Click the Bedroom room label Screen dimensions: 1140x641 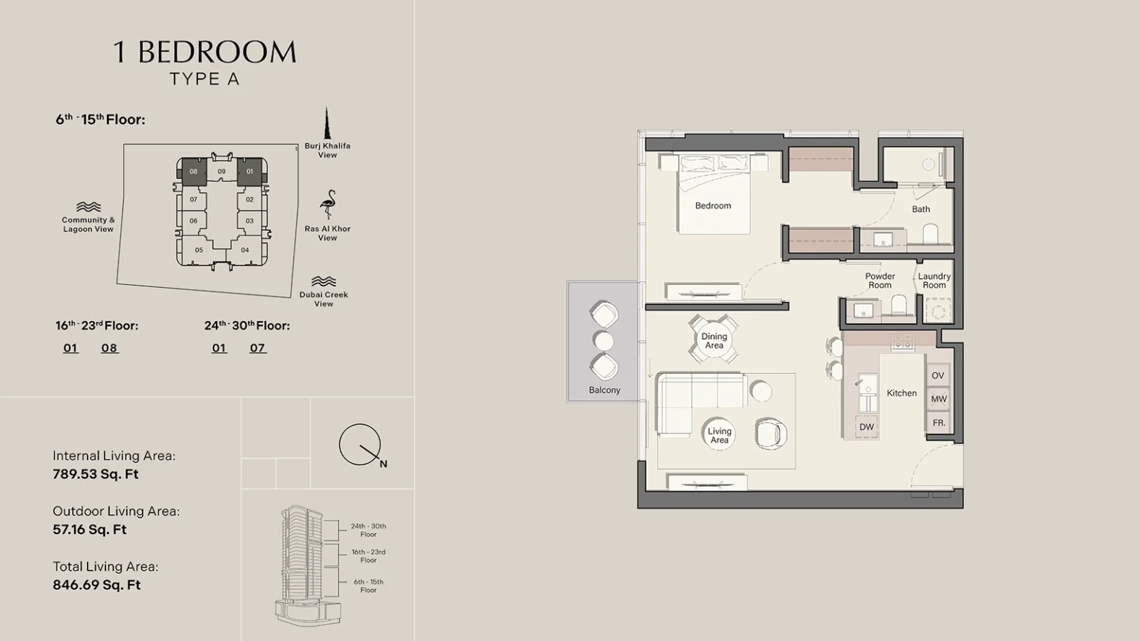713,206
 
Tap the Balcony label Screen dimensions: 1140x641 605,390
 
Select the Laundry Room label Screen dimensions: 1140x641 934,280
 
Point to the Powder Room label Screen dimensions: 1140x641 880,280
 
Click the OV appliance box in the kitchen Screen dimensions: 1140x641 938,375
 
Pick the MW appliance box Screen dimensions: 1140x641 938,399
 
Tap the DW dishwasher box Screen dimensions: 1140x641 867,427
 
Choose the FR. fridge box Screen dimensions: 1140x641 938,423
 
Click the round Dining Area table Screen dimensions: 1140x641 714,341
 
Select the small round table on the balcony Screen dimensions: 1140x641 603,341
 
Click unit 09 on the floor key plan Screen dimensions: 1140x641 221,171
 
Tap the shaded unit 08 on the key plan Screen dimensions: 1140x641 194,171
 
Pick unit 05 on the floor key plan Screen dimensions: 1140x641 199,250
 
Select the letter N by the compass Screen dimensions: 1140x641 383,464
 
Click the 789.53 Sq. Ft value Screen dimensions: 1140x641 96,474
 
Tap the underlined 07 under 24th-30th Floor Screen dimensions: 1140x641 258,348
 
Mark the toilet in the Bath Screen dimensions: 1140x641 930,234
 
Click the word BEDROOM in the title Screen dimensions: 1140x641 217,53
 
